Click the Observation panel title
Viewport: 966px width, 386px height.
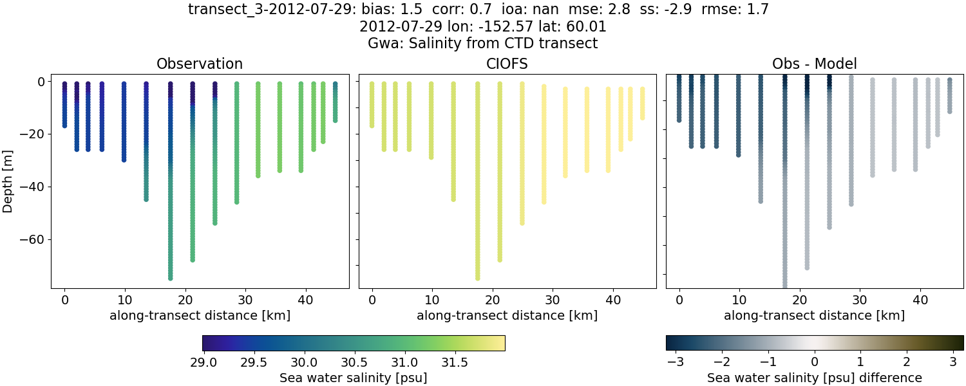[x=200, y=64]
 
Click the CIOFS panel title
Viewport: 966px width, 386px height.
[x=507, y=64]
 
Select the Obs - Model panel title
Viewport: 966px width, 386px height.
[x=814, y=64]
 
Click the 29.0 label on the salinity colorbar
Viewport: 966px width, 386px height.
[x=204, y=362]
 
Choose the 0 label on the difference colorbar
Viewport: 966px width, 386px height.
[x=815, y=362]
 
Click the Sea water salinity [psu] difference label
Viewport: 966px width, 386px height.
[x=815, y=378]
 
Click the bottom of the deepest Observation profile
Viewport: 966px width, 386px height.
[x=171, y=277]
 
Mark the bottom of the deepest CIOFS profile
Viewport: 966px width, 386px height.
[x=478, y=277]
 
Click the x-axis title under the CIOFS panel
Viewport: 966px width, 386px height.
[x=507, y=316]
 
